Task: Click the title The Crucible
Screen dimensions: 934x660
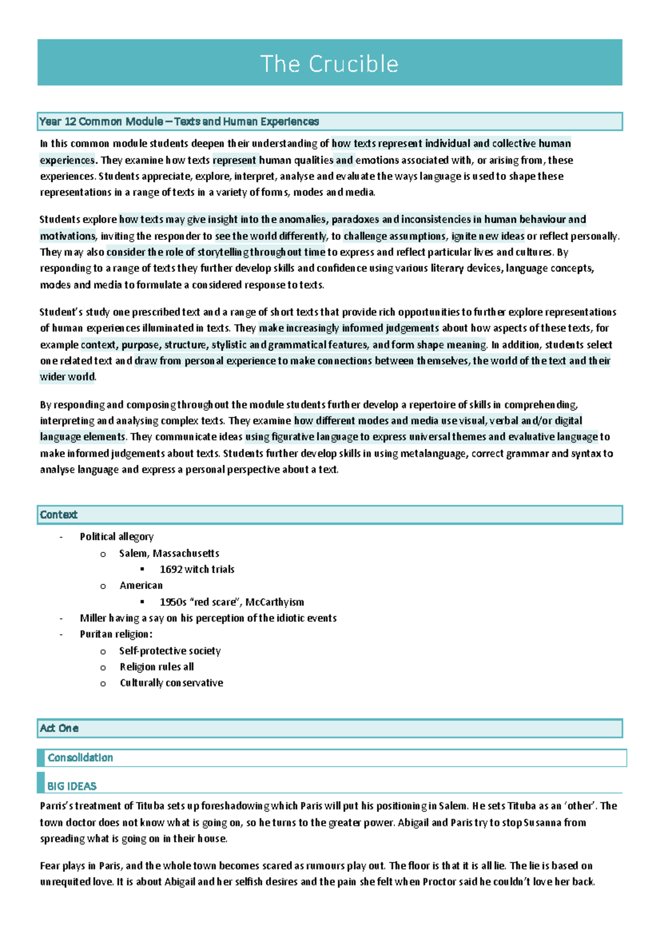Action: pyautogui.click(x=329, y=64)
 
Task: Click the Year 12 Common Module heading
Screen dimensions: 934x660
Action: pyautogui.click(x=179, y=122)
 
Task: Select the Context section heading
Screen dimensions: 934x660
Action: pyautogui.click(x=58, y=515)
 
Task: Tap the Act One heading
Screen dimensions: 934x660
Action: pyautogui.click(x=59, y=728)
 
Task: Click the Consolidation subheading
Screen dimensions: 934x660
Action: pyautogui.click(x=80, y=758)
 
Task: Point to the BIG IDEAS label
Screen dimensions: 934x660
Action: pyautogui.click(x=72, y=787)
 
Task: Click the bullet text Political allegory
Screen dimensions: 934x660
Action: pyautogui.click(x=117, y=537)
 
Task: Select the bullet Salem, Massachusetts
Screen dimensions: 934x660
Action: pyautogui.click(x=169, y=553)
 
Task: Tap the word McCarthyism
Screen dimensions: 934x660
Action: pyautogui.click(x=274, y=602)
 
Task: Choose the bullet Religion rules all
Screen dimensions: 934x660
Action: pyautogui.click(x=157, y=667)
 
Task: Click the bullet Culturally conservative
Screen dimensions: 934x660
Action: pyautogui.click(x=171, y=683)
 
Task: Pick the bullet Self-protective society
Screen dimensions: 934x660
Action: pyautogui.click(x=170, y=651)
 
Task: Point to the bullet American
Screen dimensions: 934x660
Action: pyautogui.click(x=141, y=586)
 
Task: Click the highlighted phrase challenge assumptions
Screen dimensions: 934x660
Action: pyautogui.click(x=394, y=237)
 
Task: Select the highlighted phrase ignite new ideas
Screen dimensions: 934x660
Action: pyautogui.click(x=488, y=237)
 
